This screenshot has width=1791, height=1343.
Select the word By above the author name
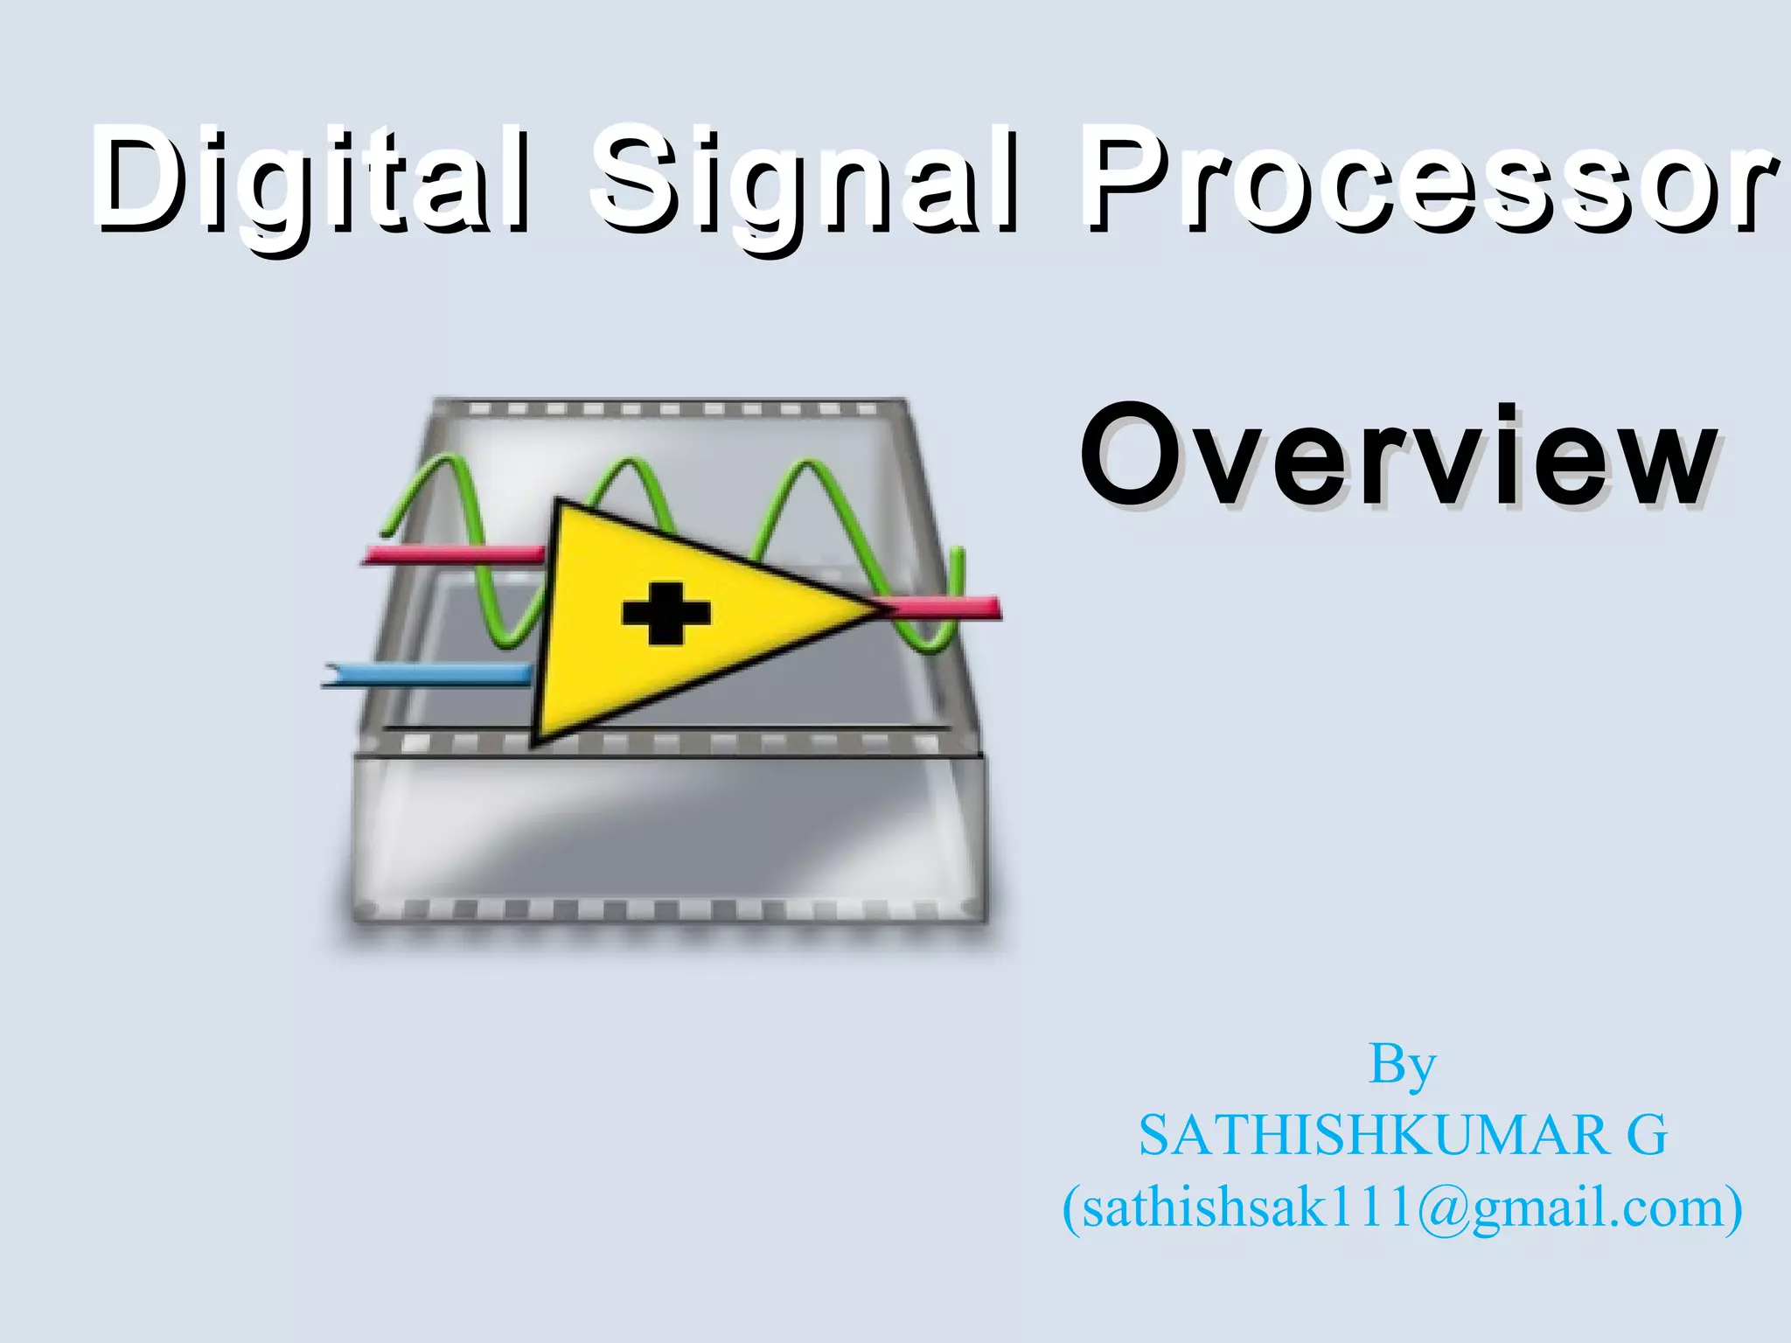1402,1065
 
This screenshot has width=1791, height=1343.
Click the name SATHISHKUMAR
1373,1137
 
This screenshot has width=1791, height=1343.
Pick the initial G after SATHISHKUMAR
1647,1137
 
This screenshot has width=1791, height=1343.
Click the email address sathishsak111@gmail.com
1402,1208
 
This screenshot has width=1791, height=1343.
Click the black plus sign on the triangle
666,612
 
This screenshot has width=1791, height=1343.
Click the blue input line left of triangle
429,676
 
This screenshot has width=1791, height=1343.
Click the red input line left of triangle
455,554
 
